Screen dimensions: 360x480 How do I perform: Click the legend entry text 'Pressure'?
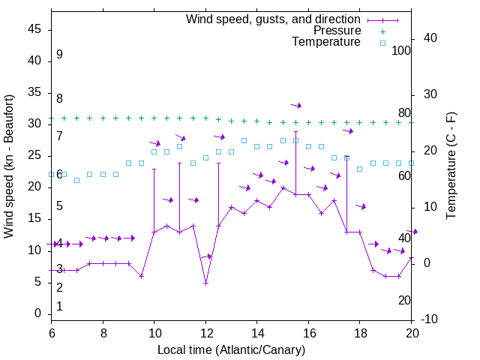point(337,31)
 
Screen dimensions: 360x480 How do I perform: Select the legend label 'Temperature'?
point(326,42)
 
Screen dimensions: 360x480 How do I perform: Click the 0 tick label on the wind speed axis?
point(38,313)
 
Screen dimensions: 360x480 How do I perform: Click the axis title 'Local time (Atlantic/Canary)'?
point(231,349)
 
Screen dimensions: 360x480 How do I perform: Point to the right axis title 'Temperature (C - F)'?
point(451,166)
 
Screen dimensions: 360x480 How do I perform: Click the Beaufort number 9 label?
point(59,55)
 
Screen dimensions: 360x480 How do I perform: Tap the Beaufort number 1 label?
point(59,307)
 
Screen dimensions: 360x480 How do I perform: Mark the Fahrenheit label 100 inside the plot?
point(401,51)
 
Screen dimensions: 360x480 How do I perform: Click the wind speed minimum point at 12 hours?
point(205,283)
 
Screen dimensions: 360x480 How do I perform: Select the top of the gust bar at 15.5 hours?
point(295,131)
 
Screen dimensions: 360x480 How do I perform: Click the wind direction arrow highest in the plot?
point(296,106)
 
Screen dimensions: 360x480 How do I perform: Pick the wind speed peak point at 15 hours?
point(283,188)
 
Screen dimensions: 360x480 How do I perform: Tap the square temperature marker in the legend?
point(382,43)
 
